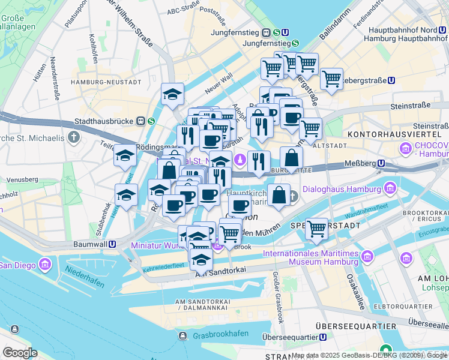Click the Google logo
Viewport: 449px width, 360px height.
pyautogui.click(x=19, y=352)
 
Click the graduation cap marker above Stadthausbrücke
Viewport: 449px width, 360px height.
pyautogui.click(x=172, y=94)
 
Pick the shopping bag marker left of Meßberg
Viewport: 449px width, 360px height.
pyautogui.click(x=291, y=158)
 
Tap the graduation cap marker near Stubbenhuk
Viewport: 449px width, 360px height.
pyautogui.click(x=126, y=194)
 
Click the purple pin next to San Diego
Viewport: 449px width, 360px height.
pyautogui.click(x=44, y=264)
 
